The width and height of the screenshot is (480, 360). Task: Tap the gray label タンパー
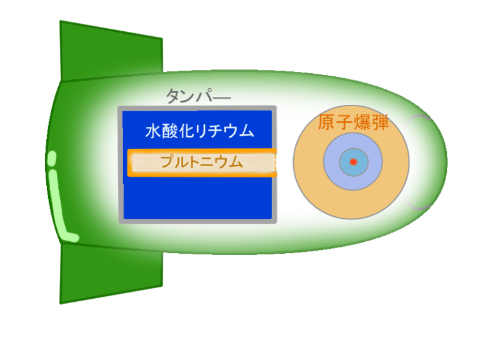198,96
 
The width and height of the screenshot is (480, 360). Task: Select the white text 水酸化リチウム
199,131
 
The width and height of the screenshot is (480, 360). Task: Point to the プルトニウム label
201,162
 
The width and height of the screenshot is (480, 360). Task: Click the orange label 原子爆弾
353,122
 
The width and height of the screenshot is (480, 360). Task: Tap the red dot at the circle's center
354,162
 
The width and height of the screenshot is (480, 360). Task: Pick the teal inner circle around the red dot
354,162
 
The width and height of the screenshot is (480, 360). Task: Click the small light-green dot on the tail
52,157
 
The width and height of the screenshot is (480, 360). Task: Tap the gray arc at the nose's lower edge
417,204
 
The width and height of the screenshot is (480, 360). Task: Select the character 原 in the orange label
327,122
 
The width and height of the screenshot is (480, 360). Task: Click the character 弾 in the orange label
380,122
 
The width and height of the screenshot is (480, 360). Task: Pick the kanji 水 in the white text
153,131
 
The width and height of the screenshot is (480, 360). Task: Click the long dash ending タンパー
220,97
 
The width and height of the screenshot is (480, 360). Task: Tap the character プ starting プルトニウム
167,161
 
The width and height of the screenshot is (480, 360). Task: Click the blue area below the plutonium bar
197,198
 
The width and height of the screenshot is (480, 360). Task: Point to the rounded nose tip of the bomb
447,162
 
